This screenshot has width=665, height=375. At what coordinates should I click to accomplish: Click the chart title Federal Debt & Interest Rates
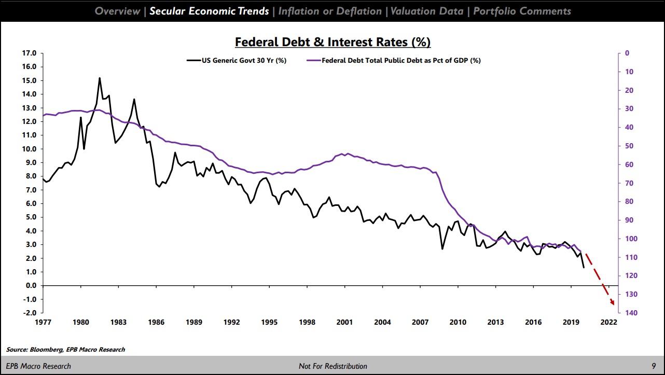coord(332,41)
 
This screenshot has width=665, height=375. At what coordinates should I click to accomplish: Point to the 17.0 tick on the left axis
coord(29,53)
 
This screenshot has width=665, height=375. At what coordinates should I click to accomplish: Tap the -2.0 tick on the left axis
coord(29,313)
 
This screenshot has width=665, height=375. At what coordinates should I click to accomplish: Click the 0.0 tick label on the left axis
coord(30,285)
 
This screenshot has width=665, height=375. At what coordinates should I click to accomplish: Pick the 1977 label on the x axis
coord(43,322)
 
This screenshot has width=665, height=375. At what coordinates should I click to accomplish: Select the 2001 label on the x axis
coord(345,322)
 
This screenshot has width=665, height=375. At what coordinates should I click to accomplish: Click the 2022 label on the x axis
coord(608,322)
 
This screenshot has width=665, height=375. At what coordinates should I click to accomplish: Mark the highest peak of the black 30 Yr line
coord(100,78)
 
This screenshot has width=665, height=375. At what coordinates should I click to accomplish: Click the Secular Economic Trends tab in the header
coord(209,11)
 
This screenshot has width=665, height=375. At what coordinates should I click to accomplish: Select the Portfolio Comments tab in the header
coord(522,11)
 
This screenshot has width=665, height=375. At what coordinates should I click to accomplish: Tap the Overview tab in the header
coord(117,11)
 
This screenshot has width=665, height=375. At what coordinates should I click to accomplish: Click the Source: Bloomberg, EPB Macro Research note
coord(66,350)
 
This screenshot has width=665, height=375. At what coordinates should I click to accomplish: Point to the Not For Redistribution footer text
coord(332,366)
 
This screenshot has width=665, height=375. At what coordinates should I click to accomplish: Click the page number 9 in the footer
coord(654,366)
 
